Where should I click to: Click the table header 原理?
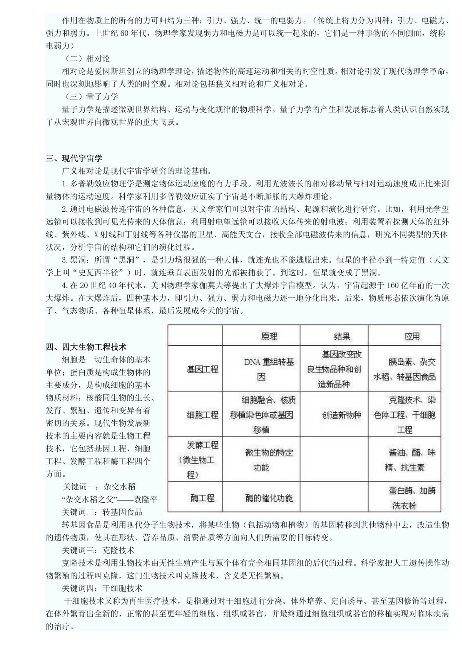coord(269,336)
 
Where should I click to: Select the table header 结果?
coord(342,336)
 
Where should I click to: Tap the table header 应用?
coord(412,336)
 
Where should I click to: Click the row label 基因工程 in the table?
coord(202,369)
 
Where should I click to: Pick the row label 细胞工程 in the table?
coord(202,415)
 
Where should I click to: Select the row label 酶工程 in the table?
coord(202,498)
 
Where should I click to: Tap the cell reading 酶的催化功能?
coord(269,498)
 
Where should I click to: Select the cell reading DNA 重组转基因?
coord(269,369)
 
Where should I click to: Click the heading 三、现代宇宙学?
coord(74,158)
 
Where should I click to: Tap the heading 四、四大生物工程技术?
coord(86,347)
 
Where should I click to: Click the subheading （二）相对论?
coord(86,59)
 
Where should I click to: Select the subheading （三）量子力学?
coord(90,97)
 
